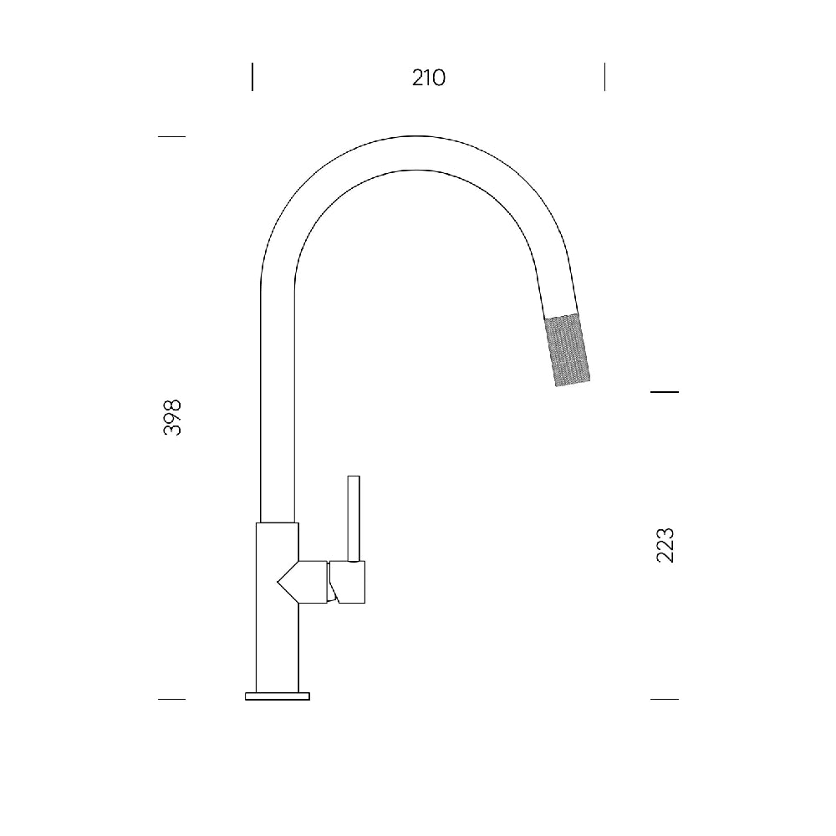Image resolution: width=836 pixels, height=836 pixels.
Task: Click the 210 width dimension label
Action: [429, 78]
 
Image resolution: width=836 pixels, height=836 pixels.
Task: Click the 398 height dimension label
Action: [172, 417]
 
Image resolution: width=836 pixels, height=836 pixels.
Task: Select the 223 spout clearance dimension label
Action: [665, 545]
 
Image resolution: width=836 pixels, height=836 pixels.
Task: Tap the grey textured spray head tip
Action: [567, 349]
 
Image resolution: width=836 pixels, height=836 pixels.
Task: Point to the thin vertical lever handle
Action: [354, 518]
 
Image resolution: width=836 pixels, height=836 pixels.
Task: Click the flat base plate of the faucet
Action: [278, 696]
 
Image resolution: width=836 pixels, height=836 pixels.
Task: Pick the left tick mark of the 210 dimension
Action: [252, 77]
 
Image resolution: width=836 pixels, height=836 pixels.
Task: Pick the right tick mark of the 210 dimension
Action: [604, 77]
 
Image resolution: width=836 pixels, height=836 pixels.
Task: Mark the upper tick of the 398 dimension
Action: [171, 136]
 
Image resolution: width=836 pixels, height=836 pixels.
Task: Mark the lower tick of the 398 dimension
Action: [171, 699]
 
